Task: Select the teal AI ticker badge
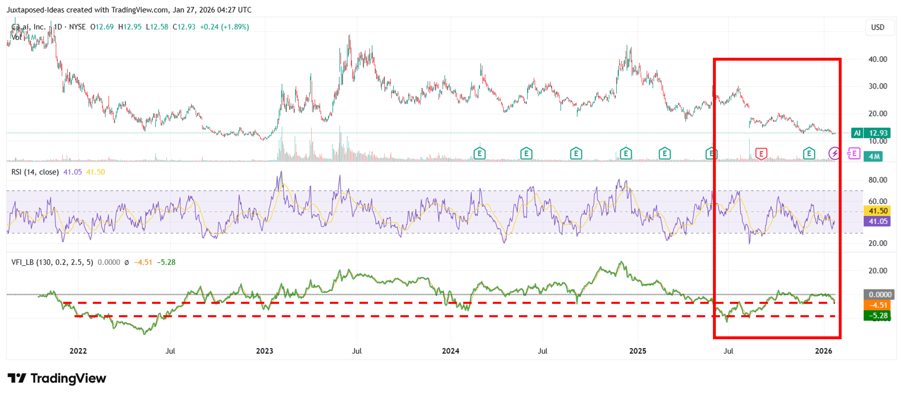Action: tap(857, 133)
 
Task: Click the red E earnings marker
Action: tap(761, 154)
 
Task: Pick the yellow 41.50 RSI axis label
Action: tap(877, 211)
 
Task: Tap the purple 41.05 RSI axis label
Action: tap(877, 221)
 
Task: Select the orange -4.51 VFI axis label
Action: tap(877, 305)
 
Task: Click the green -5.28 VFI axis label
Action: tap(877, 316)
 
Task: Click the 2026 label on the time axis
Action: tap(823, 351)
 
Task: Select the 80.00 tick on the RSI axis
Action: tap(877, 180)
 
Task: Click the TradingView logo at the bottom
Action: tap(57, 378)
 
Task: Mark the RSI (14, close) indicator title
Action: tap(35, 172)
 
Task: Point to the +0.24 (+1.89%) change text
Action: tap(224, 27)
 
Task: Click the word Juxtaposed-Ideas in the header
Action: tap(35, 10)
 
